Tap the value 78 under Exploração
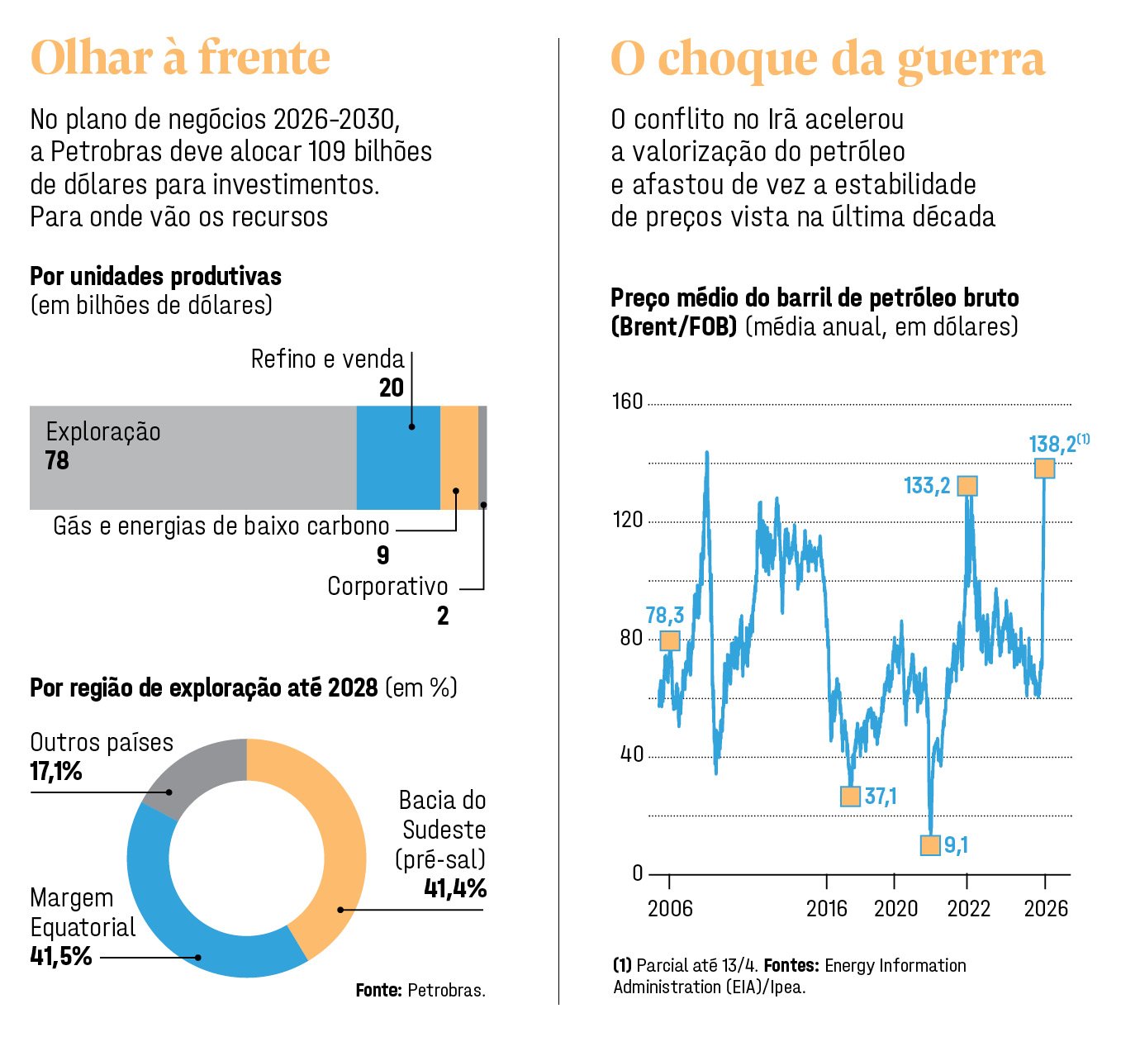coord(57,460)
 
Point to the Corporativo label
coord(387,587)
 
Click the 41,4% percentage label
coord(454,888)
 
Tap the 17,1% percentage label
coord(56,772)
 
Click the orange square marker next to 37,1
coord(850,797)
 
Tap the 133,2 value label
coord(927,486)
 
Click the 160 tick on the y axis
coord(627,402)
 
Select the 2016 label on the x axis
coord(827,909)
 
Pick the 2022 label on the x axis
coord(968,909)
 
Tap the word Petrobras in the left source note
coord(445,990)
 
